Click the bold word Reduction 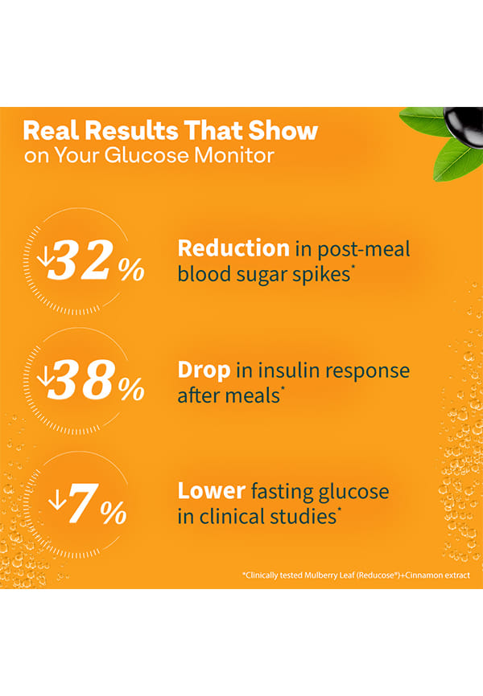pos(233,248)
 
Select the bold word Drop pos(204,371)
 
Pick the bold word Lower pos(211,490)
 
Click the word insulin pos(267,371)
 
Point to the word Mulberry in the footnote pos(310,575)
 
